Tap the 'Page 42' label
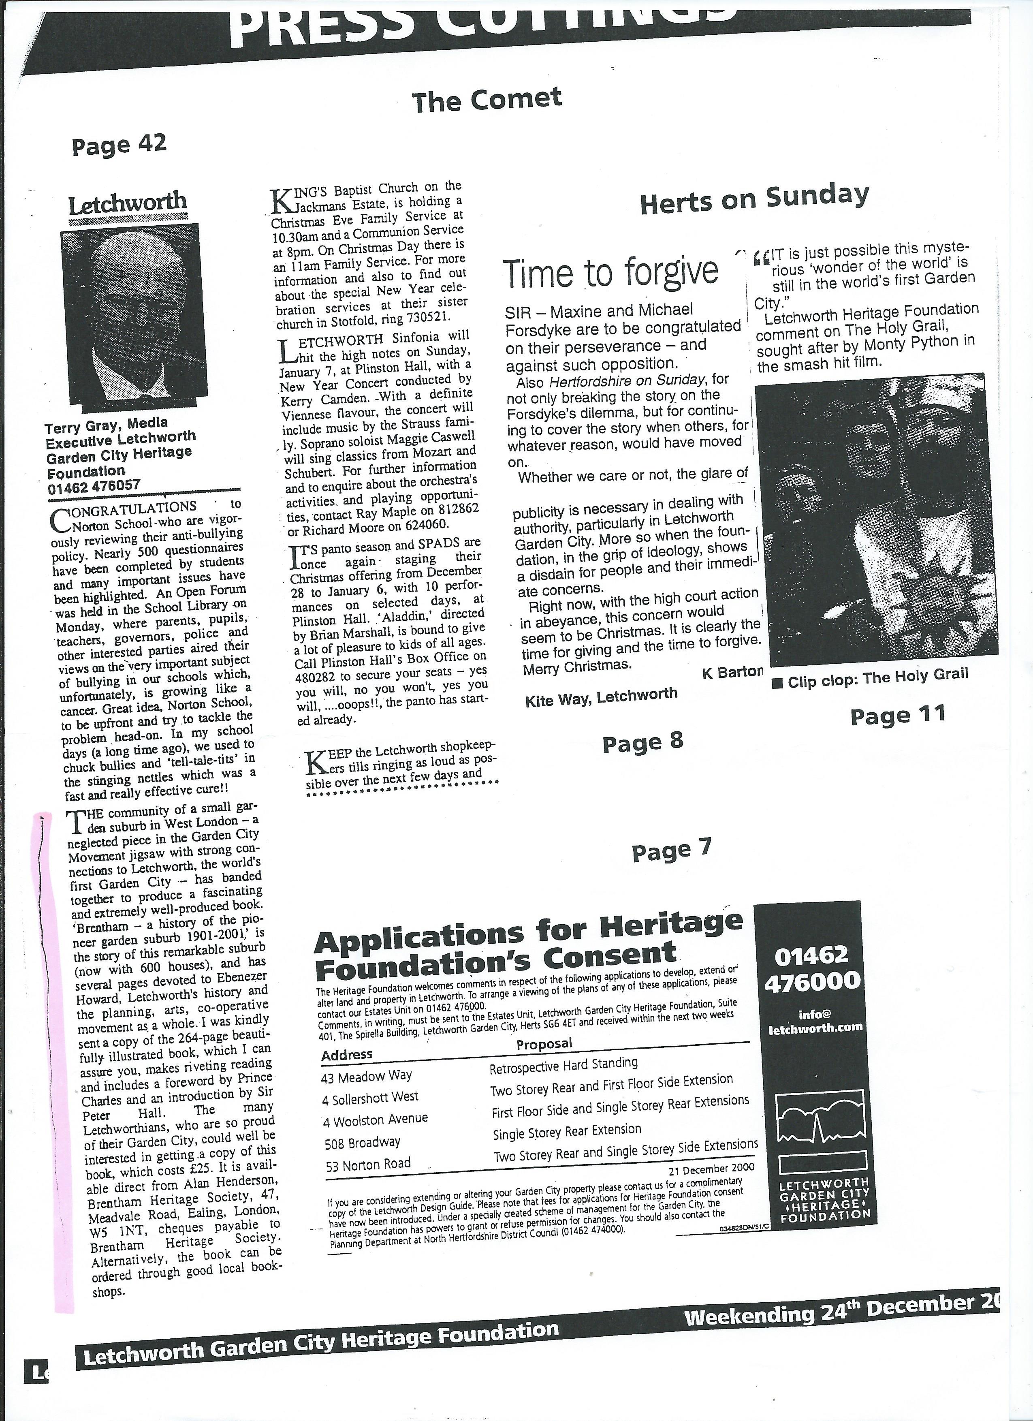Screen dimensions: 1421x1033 pyautogui.click(x=119, y=145)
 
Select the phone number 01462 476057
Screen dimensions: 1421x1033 pyautogui.click(x=94, y=484)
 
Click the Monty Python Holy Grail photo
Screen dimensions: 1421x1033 pyautogui.click(x=876, y=518)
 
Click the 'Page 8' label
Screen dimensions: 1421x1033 pyautogui.click(x=642, y=743)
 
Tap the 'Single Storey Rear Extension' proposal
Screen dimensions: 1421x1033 pyautogui.click(x=567, y=1133)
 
